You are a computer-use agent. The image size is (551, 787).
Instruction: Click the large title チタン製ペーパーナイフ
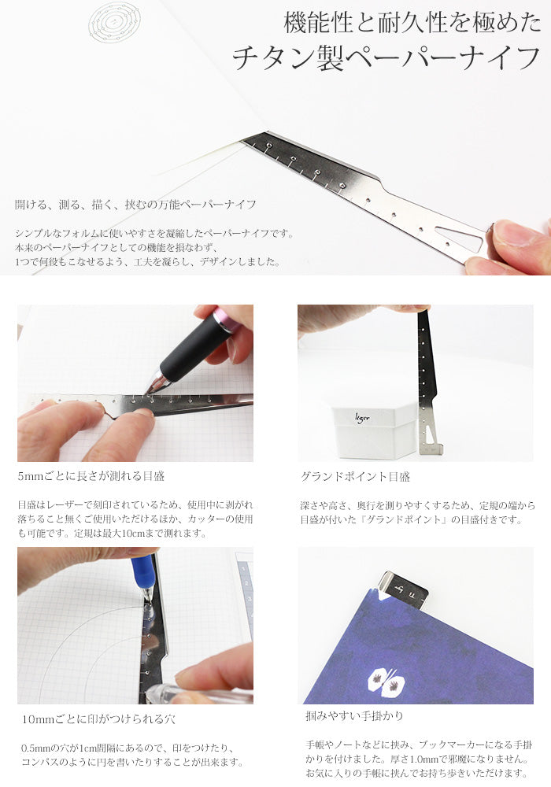click(386, 58)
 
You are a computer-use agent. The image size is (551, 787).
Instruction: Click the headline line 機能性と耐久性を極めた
click(412, 23)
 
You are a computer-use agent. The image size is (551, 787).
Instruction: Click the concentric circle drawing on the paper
click(114, 23)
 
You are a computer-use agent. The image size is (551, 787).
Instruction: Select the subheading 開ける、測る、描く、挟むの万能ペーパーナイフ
click(135, 205)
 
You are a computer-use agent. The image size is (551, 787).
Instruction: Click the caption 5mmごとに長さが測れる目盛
click(91, 476)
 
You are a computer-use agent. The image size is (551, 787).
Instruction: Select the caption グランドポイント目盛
click(355, 476)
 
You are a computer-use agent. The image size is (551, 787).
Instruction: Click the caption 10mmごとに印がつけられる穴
click(98, 719)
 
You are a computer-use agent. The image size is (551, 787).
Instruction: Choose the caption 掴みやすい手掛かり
click(354, 715)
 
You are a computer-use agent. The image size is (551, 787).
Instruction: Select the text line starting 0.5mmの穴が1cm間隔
click(128, 748)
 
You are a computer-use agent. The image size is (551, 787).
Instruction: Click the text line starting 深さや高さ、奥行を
click(417, 505)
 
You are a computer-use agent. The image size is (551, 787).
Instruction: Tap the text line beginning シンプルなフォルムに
click(154, 234)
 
